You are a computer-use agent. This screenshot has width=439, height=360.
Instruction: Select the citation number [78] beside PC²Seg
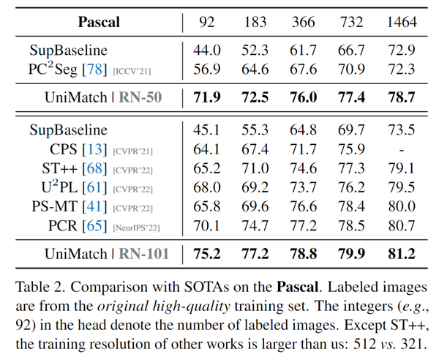click(x=97, y=70)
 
